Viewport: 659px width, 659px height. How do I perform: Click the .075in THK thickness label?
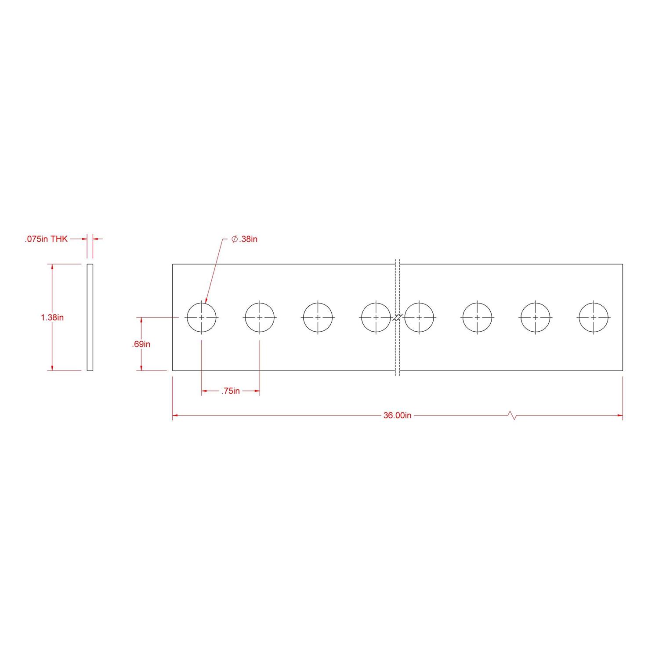point(46,239)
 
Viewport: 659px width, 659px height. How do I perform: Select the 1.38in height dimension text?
point(52,317)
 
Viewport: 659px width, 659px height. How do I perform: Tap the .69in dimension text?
point(141,344)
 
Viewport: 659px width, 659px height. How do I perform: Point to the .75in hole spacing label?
point(230,391)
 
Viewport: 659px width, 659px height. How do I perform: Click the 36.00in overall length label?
point(397,416)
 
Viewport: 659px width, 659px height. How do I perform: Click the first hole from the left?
point(202,317)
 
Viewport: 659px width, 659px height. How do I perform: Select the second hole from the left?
point(260,317)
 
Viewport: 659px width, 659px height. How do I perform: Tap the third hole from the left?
point(318,317)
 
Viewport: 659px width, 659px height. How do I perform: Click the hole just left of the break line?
point(376,317)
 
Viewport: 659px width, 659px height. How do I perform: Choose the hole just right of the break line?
point(419,317)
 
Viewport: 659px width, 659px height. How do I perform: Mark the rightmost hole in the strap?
point(594,317)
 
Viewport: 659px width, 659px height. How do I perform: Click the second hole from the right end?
point(536,317)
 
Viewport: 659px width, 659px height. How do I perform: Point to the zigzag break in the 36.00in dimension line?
point(512,416)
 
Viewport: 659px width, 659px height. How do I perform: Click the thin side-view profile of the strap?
point(90,317)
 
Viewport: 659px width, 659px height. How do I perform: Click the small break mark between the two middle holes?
point(398,318)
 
